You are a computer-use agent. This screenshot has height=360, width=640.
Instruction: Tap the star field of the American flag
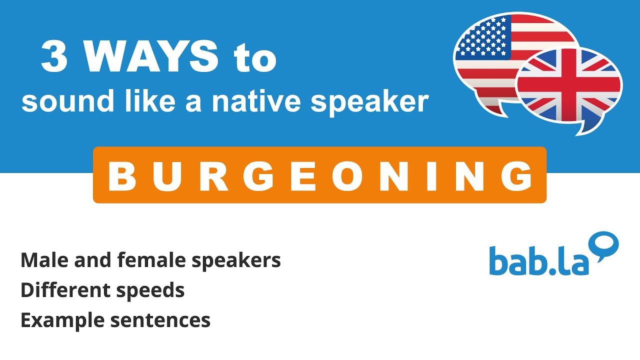pos(481,37)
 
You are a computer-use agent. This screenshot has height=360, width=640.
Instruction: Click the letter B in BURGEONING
pos(122,176)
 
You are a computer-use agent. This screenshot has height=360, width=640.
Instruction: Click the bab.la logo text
pos(539,260)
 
